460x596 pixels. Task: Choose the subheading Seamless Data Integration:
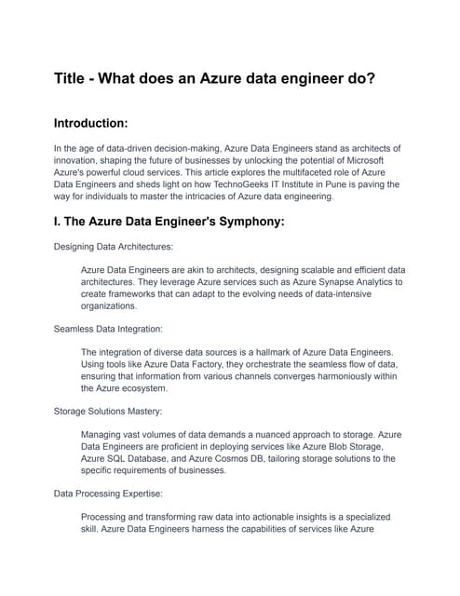pyautogui.click(x=111, y=329)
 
